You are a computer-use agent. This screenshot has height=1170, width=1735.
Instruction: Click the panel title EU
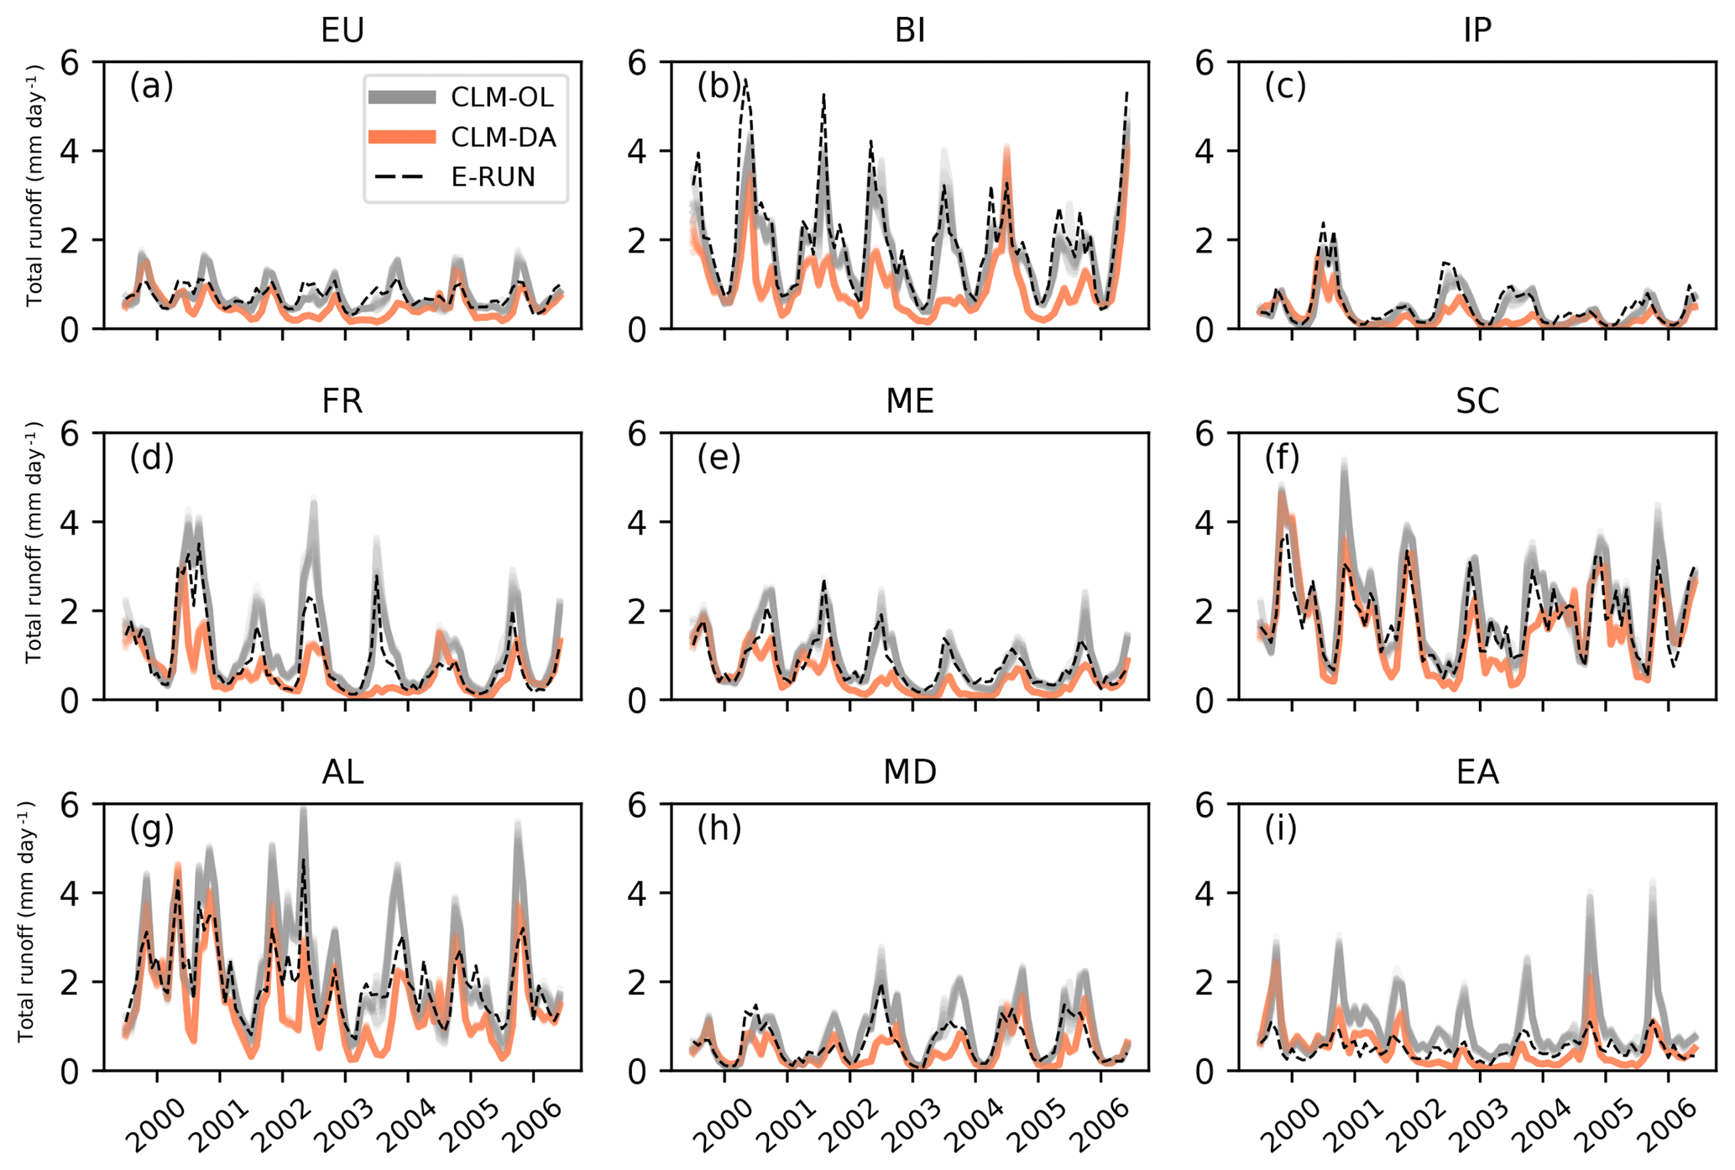[x=342, y=30]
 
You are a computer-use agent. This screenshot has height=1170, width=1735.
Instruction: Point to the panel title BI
[x=910, y=30]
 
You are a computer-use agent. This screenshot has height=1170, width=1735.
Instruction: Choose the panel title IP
[x=1477, y=30]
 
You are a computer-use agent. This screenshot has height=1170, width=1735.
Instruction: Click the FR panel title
[x=342, y=401]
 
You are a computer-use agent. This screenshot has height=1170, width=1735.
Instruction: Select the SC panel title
[x=1477, y=401]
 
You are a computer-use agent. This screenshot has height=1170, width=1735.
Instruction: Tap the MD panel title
[x=910, y=771]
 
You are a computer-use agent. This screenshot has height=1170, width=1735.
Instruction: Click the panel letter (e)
[x=719, y=458]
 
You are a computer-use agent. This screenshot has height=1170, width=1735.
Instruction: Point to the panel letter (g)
[x=152, y=829]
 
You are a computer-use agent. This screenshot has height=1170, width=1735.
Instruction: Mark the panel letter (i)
[x=1281, y=829]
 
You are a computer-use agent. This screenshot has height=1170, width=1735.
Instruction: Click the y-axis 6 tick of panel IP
[x=1205, y=62]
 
